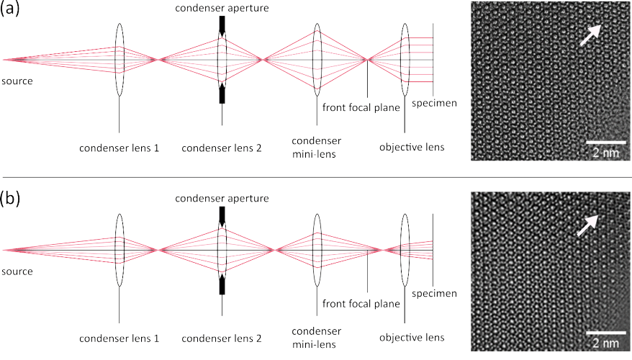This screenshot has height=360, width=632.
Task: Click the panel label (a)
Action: (9, 9)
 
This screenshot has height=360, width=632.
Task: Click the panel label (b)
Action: (10, 199)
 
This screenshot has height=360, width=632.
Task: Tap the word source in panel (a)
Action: (17, 81)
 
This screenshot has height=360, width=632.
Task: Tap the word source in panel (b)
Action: (17, 271)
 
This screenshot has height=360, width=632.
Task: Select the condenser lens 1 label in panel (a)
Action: (119, 148)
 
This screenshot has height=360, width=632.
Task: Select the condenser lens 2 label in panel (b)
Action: (221, 338)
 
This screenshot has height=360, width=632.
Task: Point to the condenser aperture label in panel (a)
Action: (222, 8)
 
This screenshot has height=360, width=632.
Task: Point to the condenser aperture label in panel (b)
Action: (222, 198)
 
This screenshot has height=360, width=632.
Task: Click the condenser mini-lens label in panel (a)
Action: (317, 147)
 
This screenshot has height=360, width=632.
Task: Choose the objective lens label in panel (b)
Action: (412, 338)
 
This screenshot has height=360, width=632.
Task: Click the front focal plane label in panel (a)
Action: (361, 107)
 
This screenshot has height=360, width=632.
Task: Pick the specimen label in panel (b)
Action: (435, 294)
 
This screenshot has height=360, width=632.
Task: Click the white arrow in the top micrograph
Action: (590, 35)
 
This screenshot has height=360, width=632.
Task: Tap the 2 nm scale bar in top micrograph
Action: (606, 143)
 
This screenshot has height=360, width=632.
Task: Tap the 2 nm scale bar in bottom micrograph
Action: (606, 333)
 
